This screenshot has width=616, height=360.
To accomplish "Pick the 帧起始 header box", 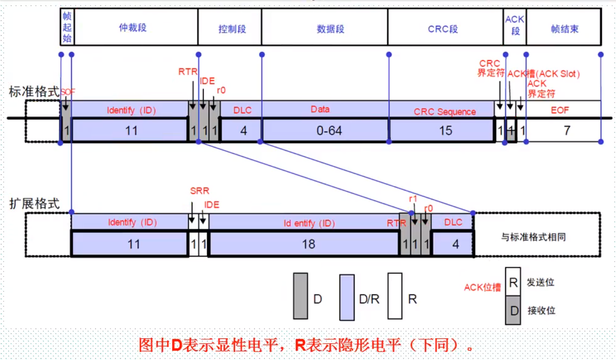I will [67, 27].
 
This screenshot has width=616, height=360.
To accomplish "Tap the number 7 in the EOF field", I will [567, 131].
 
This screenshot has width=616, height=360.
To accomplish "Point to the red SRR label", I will [200, 191].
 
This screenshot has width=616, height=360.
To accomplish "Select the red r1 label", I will [413, 199].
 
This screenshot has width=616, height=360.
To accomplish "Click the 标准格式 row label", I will [34, 92].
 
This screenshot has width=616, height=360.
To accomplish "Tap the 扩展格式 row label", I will [34, 204].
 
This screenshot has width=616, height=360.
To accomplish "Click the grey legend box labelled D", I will [300, 296].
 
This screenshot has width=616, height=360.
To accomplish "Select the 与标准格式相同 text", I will [533, 237].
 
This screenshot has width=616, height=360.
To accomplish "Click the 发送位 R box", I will [513, 281].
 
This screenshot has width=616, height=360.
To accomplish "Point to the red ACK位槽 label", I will [482, 288].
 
